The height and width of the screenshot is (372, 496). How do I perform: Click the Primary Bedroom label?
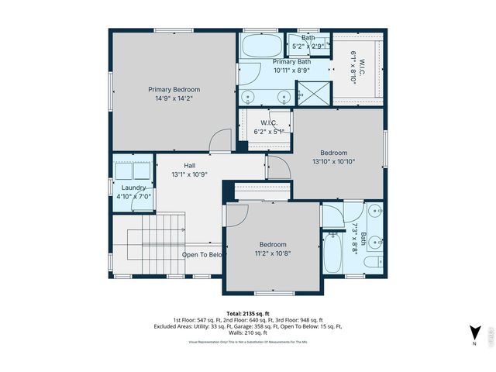pos(174,89)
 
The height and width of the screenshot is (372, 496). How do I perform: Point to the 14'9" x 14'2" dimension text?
pos(174,98)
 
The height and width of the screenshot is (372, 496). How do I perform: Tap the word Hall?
pos(189,165)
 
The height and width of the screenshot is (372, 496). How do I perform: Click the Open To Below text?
pos(203,254)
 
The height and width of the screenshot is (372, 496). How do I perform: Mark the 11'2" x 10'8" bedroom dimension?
pos(273,253)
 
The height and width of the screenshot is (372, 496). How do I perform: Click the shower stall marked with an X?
pos(312,94)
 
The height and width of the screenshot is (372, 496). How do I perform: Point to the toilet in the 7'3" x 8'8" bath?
pos(372,264)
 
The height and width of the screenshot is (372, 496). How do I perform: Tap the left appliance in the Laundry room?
pos(123,170)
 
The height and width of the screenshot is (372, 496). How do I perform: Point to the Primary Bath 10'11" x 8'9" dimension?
pos(291,70)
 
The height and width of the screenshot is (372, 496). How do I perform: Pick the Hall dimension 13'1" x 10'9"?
pos(189,174)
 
